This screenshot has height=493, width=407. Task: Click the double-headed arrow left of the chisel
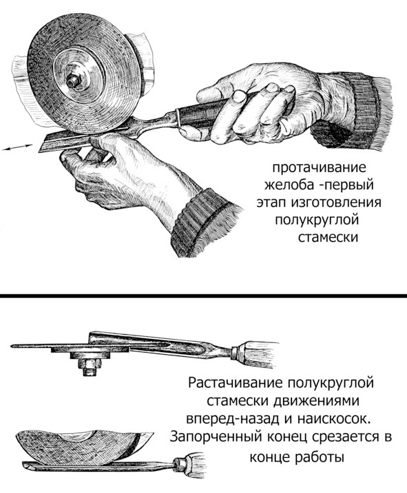pos(17,147)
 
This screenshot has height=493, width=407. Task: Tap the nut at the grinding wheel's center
pos(72,81)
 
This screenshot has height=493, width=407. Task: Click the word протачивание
pos(320,167)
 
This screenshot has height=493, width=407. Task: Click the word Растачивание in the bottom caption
pos(236,384)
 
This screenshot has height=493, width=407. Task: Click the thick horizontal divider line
pos(204,296)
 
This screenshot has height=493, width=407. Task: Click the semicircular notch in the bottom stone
pos(77,435)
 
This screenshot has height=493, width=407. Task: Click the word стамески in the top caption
pos(328,237)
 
